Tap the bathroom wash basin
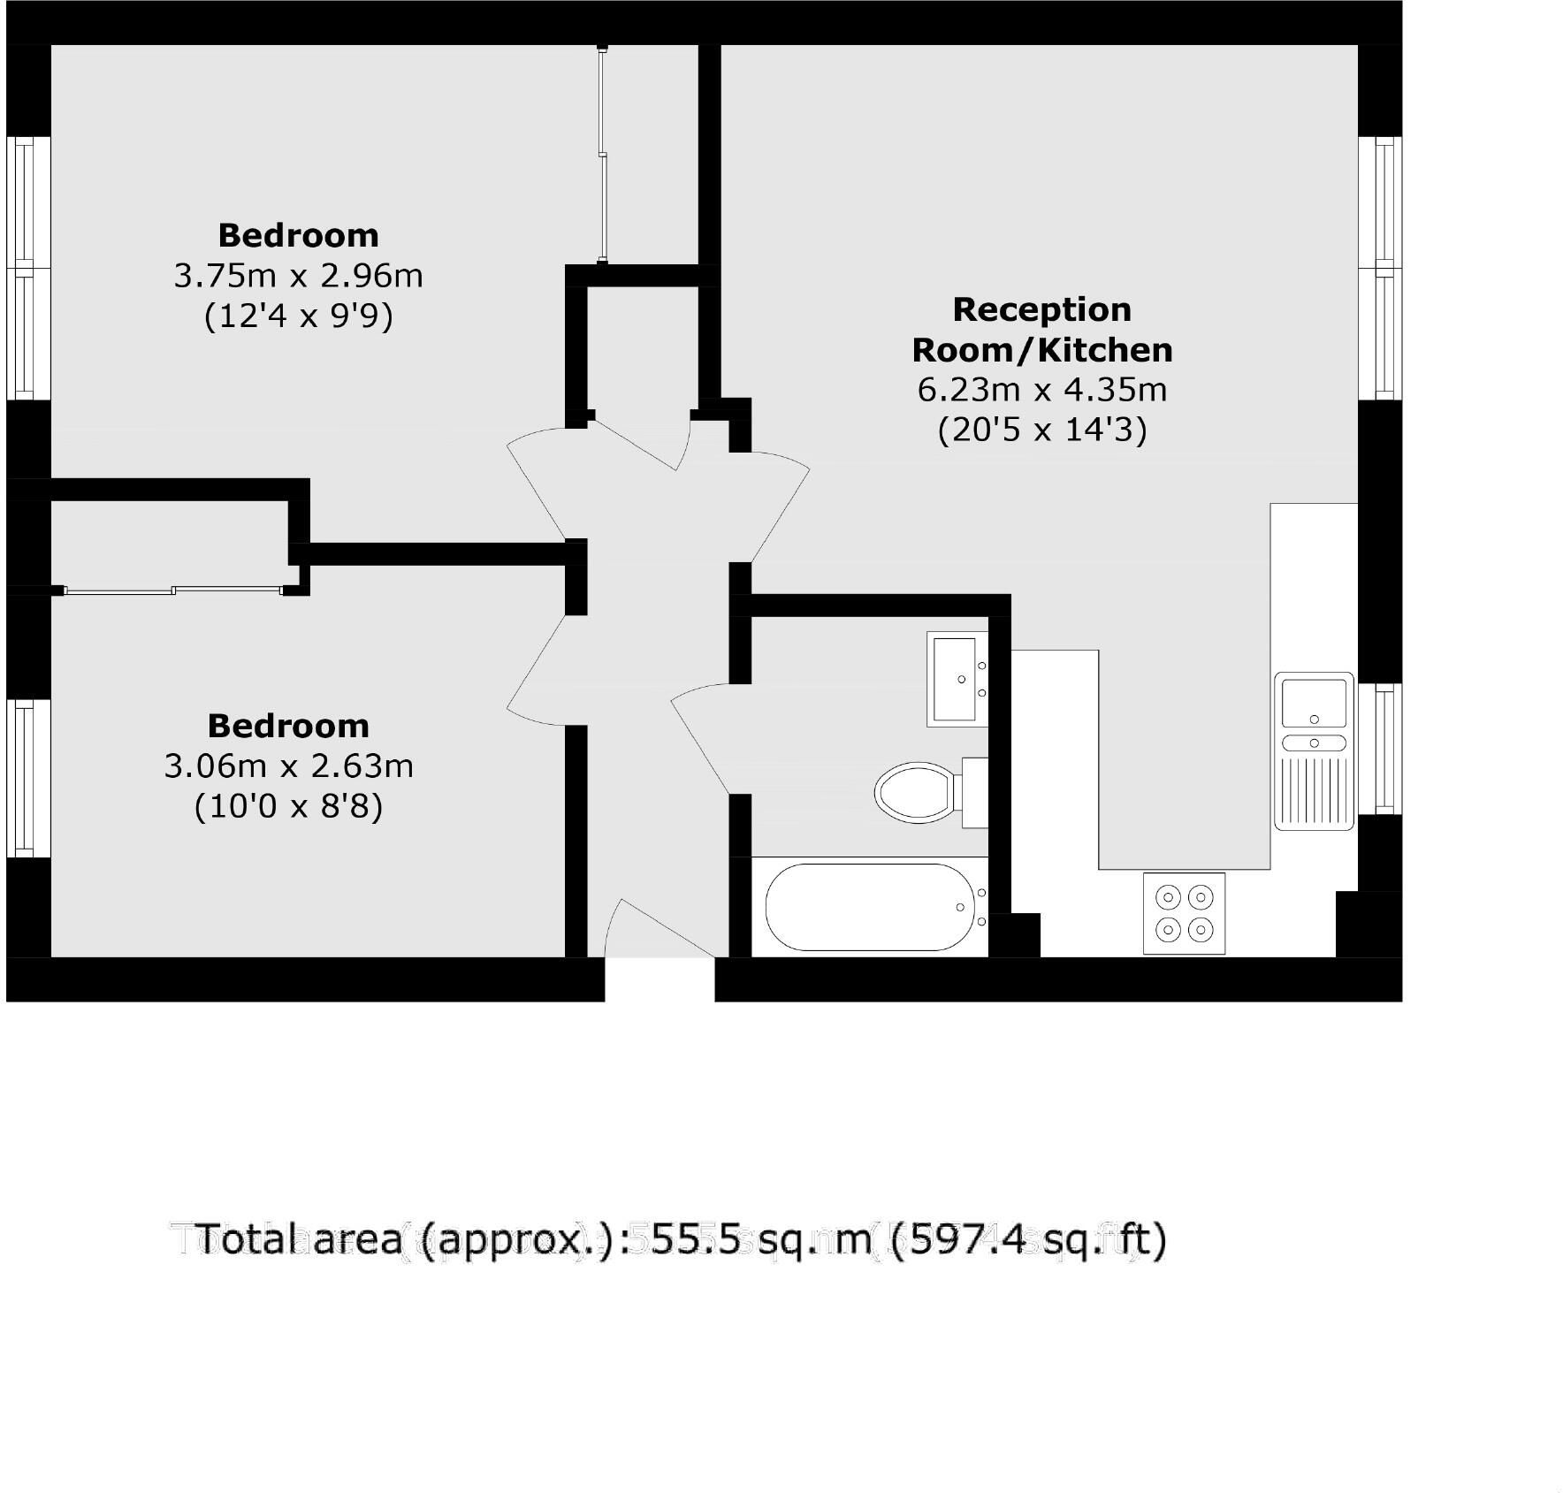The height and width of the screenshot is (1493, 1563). coord(957,679)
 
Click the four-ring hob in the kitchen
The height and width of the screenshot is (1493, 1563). coord(1185,913)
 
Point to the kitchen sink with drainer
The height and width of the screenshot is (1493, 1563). coord(1314,751)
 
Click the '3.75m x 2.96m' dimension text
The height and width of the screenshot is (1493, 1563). coord(298,276)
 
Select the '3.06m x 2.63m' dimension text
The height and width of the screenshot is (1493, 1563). coord(289,766)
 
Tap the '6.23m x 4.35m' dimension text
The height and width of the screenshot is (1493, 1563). coord(1042,389)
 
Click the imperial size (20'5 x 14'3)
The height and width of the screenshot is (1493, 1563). coord(1042,430)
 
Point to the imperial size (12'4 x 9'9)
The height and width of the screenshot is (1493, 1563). coord(298,316)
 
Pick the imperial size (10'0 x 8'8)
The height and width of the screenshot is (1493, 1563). coord(289,806)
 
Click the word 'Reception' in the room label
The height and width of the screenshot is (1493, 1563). coord(1042,309)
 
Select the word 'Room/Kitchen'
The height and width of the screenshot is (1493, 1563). coord(1042,350)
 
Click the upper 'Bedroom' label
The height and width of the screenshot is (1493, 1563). coord(298,235)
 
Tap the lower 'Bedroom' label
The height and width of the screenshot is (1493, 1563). coord(288,726)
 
